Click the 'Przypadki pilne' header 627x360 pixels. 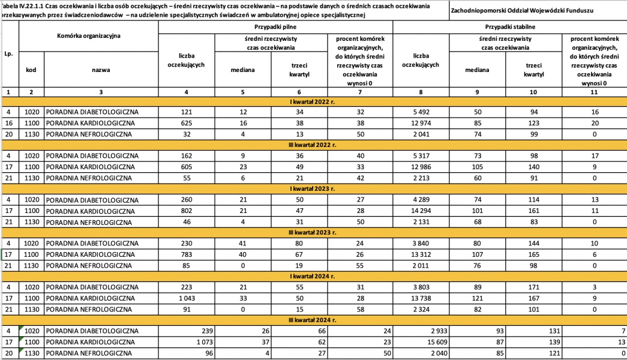pyautogui.click(x=277, y=27)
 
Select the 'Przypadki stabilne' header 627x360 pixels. pyautogui.click(x=509, y=27)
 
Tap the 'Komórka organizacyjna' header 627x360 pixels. pyautogui.click(x=89, y=36)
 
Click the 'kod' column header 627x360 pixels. pyautogui.click(x=31, y=70)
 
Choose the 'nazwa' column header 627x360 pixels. pyautogui.click(x=101, y=70)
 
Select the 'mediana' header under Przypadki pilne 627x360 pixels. pyautogui.click(x=243, y=70)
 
